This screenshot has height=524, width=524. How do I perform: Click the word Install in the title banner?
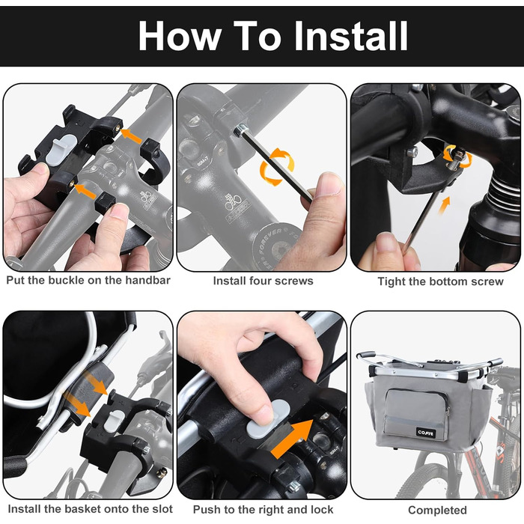pyautogui.click(x=350, y=36)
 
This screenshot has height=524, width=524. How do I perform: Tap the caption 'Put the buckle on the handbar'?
pyautogui.click(x=88, y=280)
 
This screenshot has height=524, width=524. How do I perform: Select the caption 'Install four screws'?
pyautogui.click(x=263, y=281)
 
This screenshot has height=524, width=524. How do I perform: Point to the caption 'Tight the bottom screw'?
pyautogui.click(x=440, y=281)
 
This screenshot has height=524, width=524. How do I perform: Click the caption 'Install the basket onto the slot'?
pyautogui.click(x=91, y=509)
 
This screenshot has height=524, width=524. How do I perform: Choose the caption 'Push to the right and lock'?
pyautogui.click(x=263, y=510)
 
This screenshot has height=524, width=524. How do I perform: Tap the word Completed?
pyautogui.click(x=437, y=511)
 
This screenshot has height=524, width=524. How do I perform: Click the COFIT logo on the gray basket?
pyautogui.click(x=425, y=433)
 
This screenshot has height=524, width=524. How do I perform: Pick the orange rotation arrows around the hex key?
pyautogui.click(x=278, y=167)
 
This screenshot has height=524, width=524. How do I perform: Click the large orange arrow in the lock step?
pyautogui.click(x=292, y=439)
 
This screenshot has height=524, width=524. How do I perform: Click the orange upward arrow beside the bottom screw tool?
pyautogui.click(x=444, y=206)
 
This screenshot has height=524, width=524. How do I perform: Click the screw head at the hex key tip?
pyautogui.click(x=241, y=130)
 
